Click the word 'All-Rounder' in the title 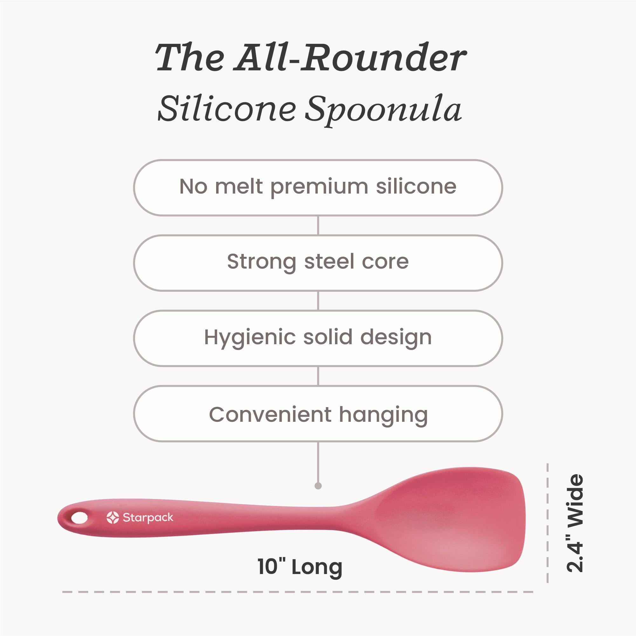click(350, 57)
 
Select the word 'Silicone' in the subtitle click(227, 108)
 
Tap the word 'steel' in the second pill click(329, 261)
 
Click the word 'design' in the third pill click(396, 338)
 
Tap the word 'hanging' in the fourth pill click(384, 415)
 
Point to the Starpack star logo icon click(113, 517)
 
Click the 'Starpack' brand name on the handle click(148, 518)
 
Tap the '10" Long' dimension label click(300, 566)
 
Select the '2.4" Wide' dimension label click(574, 523)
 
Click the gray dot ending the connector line click(318, 486)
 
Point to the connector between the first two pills click(318, 225)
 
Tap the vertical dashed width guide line click(547, 523)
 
